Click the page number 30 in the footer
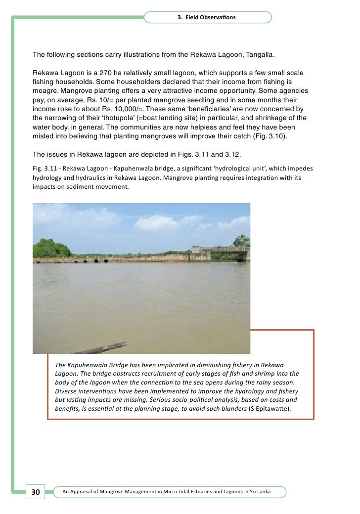click(35, 492)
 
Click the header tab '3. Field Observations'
click(207, 17)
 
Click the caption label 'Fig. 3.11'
click(45, 169)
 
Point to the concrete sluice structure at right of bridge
click(200, 253)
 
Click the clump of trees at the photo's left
click(51, 249)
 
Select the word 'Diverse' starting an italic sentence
click(66, 390)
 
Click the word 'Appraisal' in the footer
click(82, 492)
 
